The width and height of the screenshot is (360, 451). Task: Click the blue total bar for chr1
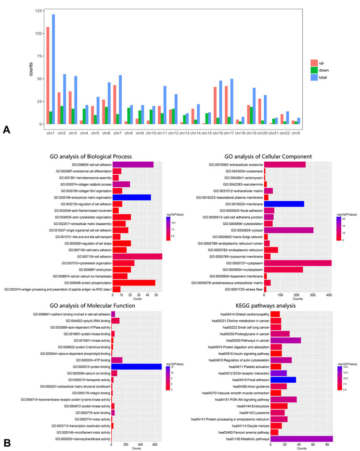coord(53,69)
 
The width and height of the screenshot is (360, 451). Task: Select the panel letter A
coord(6,129)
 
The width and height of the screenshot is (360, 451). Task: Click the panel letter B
coord(6,440)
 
